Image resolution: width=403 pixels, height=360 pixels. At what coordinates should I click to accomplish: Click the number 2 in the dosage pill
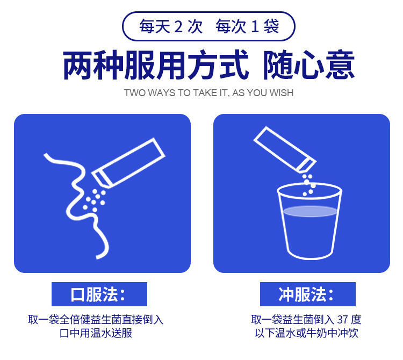click(x=178, y=27)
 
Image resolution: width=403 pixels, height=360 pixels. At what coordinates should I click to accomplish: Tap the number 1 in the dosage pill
click(x=255, y=27)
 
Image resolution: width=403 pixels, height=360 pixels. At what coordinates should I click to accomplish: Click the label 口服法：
click(x=99, y=294)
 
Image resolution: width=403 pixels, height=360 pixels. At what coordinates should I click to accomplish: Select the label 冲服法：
click(x=307, y=294)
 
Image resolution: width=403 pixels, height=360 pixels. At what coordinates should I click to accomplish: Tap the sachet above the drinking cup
click(x=285, y=149)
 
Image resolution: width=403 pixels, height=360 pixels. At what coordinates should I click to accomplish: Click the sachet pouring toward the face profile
click(x=128, y=163)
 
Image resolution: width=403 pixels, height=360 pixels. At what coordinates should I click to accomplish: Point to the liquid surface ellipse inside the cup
click(x=310, y=211)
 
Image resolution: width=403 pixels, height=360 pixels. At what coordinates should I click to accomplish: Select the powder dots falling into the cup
click(x=308, y=185)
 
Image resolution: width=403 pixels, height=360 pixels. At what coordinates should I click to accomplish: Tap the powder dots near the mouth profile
click(x=94, y=200)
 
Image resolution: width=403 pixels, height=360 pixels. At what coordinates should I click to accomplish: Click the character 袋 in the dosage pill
click(x=271, y=27)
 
